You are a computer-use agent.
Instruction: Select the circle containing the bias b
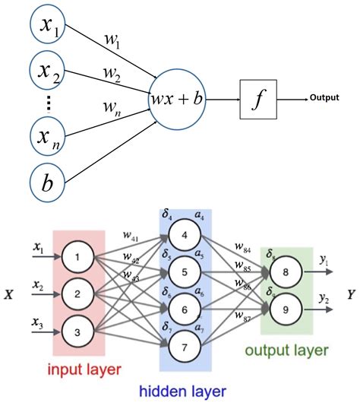pyautogui.click(x=49, y=183)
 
